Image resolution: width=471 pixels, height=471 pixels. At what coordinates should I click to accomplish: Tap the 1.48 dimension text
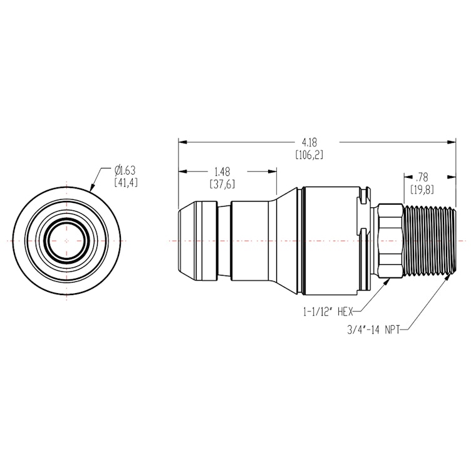point(221,171)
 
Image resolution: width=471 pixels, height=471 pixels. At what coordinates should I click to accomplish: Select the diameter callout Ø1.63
point(125,170)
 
